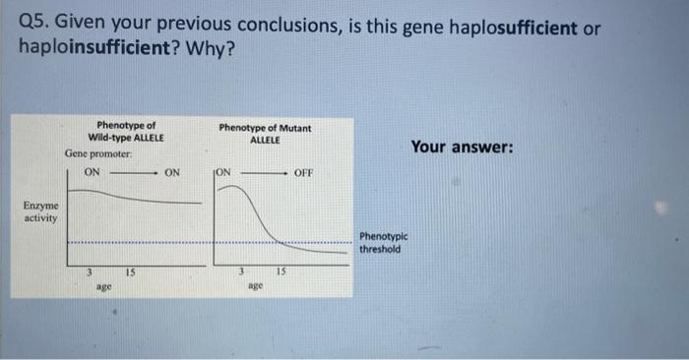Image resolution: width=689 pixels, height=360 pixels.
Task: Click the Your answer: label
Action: (x=462, y=147)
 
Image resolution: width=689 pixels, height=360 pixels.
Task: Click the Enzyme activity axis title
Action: (x=40, y=211)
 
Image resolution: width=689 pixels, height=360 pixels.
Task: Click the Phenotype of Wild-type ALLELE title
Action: (x=126, y=132)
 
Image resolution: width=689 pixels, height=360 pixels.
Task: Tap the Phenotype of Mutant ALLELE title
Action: (x=265, y=134)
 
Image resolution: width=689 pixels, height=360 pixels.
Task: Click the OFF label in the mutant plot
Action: (x=303, y=173)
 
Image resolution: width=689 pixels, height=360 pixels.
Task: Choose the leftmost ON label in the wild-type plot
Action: (x=93, y=172)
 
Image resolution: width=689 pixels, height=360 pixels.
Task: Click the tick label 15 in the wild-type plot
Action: (x=130, y=271)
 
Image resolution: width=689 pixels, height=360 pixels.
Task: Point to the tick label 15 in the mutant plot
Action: (x=281, y=271)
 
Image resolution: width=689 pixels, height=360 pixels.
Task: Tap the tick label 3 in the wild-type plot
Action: (x=89, y=271)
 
